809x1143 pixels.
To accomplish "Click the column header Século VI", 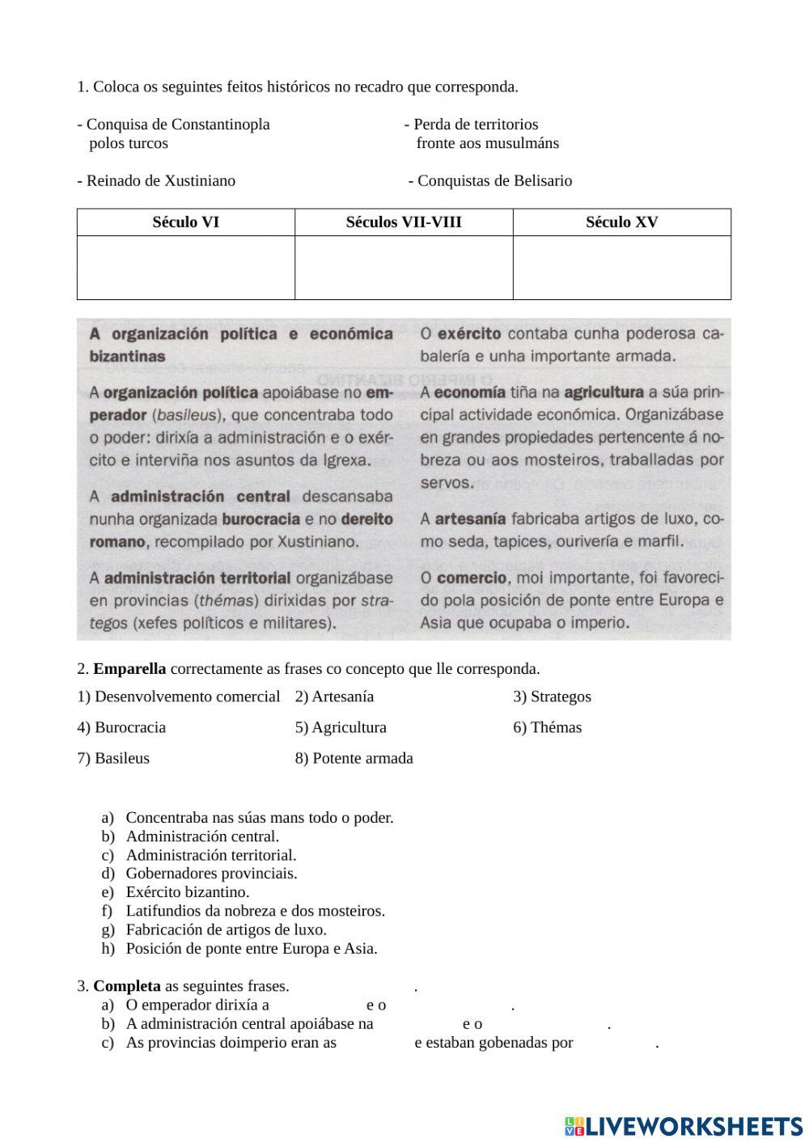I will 185,222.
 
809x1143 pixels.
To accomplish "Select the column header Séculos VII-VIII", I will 404,222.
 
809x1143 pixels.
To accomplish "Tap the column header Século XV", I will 621,222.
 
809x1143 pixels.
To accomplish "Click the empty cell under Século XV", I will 621,268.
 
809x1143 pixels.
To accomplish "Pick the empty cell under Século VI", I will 185,268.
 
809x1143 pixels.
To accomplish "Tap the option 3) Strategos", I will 552,696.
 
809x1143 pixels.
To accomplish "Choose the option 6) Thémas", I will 547,727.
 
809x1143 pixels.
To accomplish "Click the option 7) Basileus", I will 113,758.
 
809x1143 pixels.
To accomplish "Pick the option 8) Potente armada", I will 354,758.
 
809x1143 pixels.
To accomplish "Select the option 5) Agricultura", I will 341,727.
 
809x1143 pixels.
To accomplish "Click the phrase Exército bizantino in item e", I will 187,892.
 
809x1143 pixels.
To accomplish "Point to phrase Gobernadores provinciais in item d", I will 211,874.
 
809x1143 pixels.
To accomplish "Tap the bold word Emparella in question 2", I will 129,669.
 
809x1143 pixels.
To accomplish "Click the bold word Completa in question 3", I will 126,986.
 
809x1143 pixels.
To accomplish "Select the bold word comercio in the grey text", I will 472,578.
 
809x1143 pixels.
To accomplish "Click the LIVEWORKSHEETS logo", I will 684,1125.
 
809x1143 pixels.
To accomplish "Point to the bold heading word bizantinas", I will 127,356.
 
